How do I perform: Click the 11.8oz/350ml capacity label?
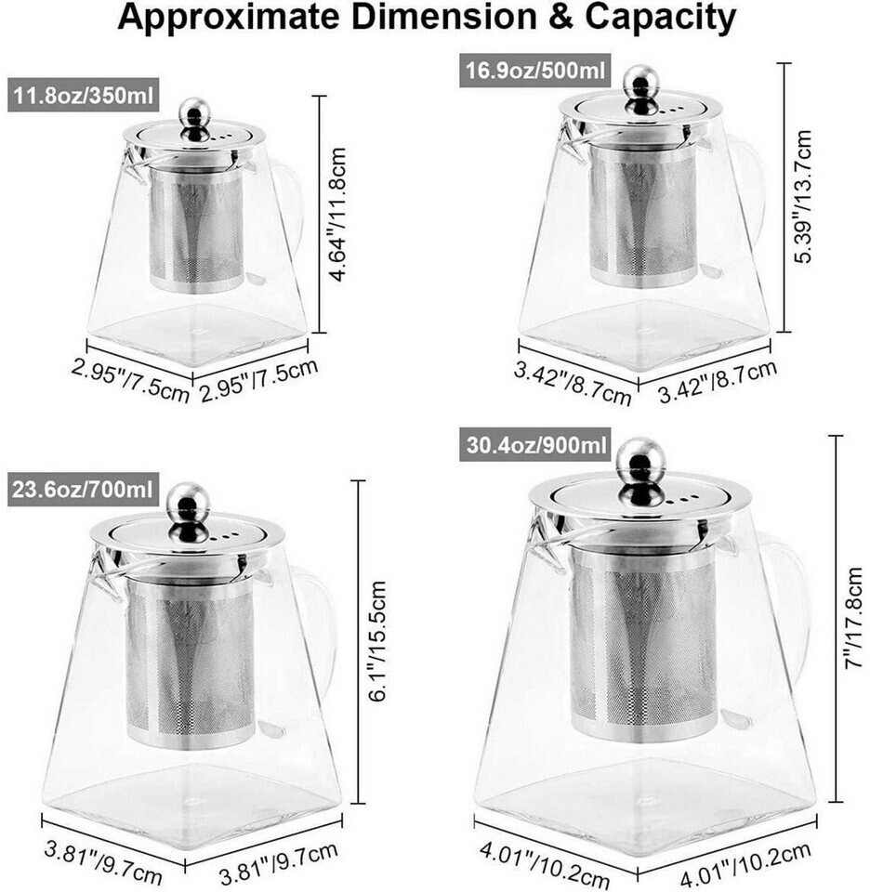click(83, 95)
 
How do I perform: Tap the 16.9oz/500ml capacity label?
click(534, 71)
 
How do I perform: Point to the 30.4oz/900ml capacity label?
click(534, 444)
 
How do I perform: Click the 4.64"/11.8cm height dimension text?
click(337, 214)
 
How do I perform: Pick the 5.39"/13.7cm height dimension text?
click(803, 196)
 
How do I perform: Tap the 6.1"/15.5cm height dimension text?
click(377, 640)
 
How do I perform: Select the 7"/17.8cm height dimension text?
click(853, 618)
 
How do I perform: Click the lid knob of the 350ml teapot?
click(194, 120)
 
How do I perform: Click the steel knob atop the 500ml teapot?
click(640, 89)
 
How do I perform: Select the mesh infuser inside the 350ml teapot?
click(197, 230)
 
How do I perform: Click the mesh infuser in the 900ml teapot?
click(642, 644)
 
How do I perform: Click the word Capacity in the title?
click(660, 17)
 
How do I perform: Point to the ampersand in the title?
click(560, 17)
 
